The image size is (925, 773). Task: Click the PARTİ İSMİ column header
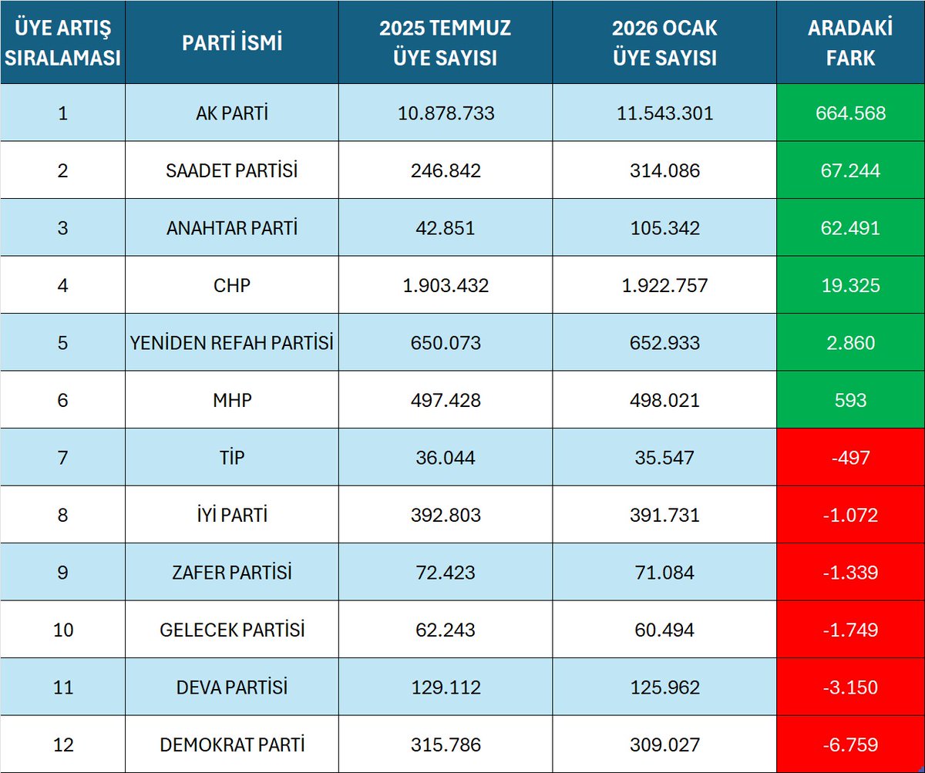click(232, 43)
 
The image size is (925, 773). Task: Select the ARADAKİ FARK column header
click(850, 43)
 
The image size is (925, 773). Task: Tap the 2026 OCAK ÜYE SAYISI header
click(664, 43)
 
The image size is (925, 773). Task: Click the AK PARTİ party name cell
click(232, 113)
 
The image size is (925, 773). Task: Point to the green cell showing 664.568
click(850, 113)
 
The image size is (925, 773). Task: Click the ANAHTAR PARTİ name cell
click(232, 228)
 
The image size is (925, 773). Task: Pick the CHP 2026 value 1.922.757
click(664, 285)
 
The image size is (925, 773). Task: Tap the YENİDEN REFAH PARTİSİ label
click(232, 343)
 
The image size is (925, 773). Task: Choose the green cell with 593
click(850, 400)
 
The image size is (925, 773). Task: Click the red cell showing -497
click(850, 458)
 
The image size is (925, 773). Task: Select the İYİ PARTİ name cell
click(232, 515)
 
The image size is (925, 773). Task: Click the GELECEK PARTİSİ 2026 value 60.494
click(664, 630)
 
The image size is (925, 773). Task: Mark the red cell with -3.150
click(850, 687)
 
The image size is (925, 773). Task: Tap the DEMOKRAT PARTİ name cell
click(232, 744)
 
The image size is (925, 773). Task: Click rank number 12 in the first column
click(62, 744)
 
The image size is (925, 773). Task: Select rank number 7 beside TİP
click(62, 458)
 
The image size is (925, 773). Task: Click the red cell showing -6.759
click(850, 744)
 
